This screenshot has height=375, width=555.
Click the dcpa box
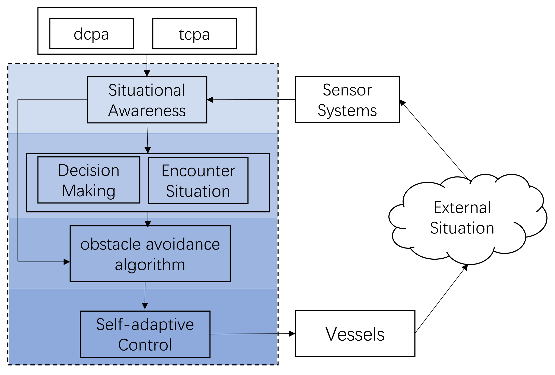[x=91, y=34]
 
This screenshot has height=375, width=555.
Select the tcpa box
[x=194, y=34]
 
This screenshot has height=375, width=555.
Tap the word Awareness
[x=147, y=111]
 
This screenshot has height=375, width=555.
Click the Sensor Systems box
[x=347, y=100]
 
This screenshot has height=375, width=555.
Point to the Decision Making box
[x=89, y=180]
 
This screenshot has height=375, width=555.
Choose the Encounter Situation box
[x=198, y=180]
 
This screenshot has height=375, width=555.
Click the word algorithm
[x=150, y=265]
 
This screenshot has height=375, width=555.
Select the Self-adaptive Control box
[x=145, y=334]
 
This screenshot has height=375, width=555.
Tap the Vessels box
[x=355, y=334]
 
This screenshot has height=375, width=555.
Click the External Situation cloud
[x=463, y=218]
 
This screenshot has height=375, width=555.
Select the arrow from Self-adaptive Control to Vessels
[x=252, y=334]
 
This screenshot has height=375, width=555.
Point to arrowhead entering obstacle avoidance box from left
[x=67, y=262]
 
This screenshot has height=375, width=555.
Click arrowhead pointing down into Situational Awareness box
[x=147, y=73]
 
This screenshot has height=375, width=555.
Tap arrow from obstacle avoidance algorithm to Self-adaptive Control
[x=145, y=295]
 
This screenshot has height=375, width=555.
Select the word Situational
[x=147, y=90]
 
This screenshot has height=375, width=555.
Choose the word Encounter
[x=198, y=171]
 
